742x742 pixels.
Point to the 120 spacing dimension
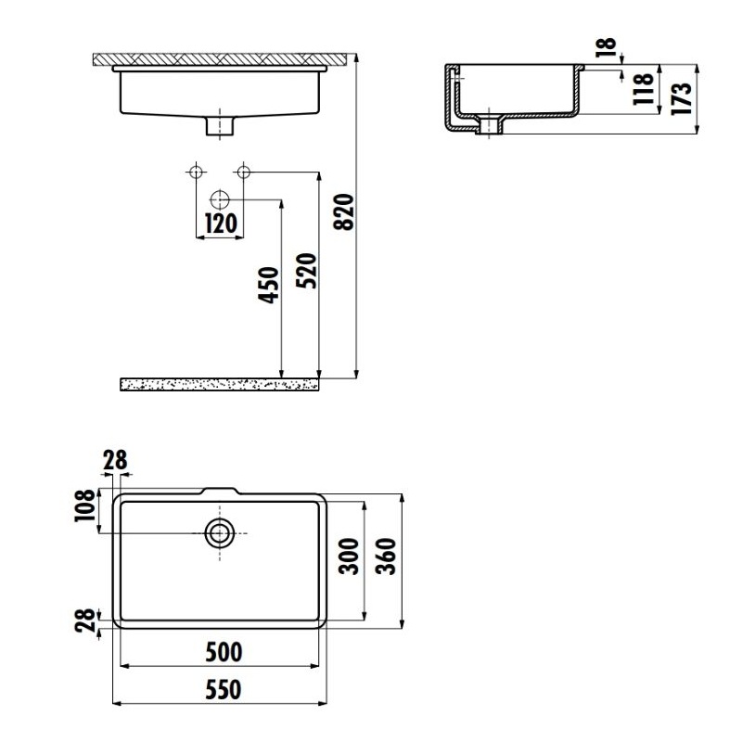click(x=220, y=224)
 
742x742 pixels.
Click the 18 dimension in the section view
click(x=609, y=48)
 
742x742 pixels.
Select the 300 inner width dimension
click(x=350, y=556)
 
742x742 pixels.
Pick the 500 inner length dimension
click(x=223, y=652)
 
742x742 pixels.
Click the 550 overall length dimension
click(x=223, y=690)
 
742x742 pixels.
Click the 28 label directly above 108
click(x=116, y=459)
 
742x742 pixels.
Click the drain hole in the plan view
click(x=220, y=532)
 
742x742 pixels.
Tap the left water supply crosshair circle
click(x=196, y=172)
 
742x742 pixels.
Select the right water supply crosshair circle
click(x=244, y=172)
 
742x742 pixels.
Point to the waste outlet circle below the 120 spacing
click(x=220, y=198)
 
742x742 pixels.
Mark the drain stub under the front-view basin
click(x=220, y=125)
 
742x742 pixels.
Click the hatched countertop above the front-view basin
click(x=223, y=58)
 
